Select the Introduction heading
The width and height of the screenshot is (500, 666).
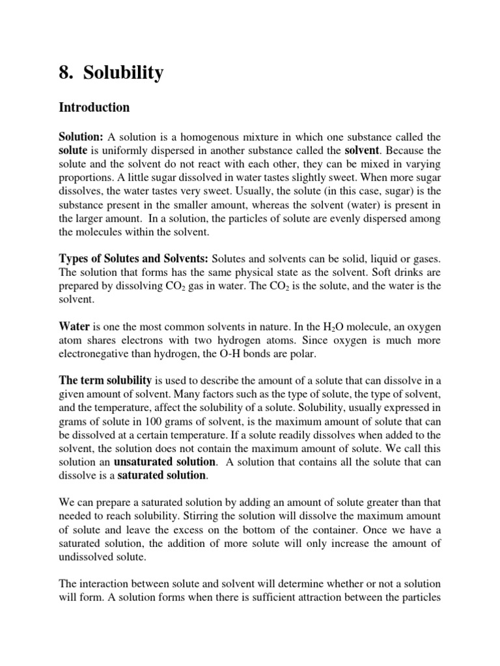coord(94,107)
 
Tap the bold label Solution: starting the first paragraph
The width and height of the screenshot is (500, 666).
coord(81,137)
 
